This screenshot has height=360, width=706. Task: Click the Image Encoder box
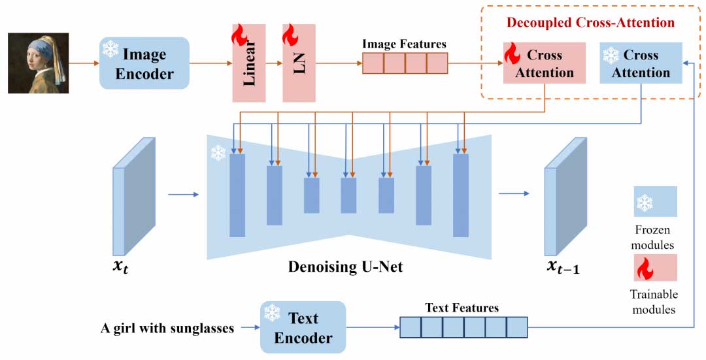(144, 63)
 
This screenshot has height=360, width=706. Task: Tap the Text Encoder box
(303, 327)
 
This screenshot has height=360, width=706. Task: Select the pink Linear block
(249, 63)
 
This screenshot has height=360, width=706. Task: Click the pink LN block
(299, 63)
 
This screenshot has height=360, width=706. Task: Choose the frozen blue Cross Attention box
(641, 63)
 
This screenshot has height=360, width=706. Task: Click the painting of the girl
(39, 63)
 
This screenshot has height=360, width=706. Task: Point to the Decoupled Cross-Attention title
(590, 23)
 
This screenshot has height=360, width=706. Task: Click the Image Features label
(405, 44)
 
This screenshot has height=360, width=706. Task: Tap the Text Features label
(462, 308)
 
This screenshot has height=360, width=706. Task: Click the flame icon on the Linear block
(239, 34)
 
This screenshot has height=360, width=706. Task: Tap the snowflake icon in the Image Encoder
(110, 49)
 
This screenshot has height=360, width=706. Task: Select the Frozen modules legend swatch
(655, 201)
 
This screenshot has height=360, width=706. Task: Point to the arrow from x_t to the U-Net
(182, 194)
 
